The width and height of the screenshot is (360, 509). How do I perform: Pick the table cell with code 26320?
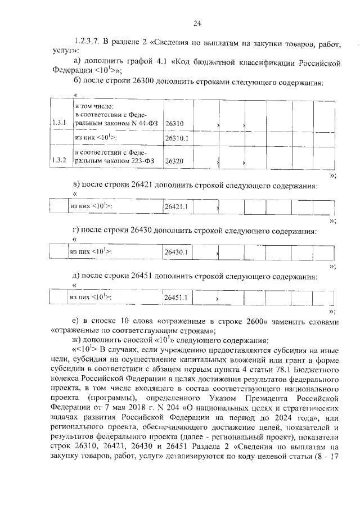175,161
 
